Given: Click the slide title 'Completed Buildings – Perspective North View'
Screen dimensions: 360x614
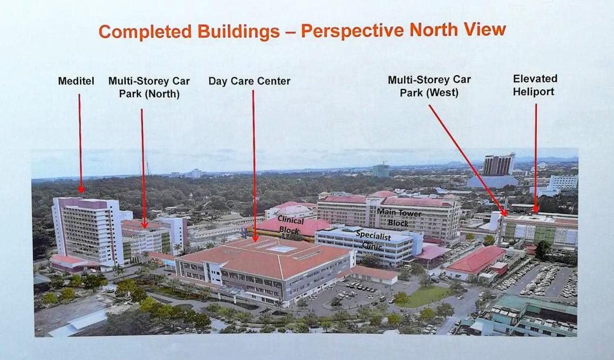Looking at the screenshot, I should click(302, 31).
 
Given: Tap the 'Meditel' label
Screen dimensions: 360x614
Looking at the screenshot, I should click(76, 81).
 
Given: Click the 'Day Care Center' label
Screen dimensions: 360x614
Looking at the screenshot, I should click(249, 81).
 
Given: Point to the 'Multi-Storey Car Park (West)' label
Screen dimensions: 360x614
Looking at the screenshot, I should click(429, 86).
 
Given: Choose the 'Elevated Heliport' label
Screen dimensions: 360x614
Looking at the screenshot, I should click(535, 85).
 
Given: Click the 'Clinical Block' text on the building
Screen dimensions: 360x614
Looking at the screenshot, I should click(291, 225).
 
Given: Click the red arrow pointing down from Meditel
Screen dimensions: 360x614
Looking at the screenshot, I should click(80, 143).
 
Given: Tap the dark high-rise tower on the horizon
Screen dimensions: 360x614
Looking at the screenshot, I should click(498, 165).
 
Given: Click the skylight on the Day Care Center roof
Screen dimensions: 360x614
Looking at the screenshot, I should click(281, 249).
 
